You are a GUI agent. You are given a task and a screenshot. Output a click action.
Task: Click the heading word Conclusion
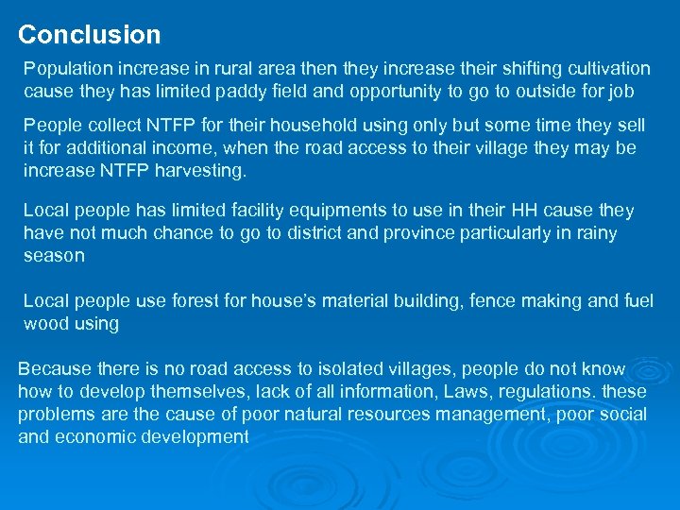[x=90, y=35]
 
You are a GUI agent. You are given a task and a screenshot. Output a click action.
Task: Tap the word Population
[x=67, y=69]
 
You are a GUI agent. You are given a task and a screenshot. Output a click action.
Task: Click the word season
[x=54, y=256]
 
